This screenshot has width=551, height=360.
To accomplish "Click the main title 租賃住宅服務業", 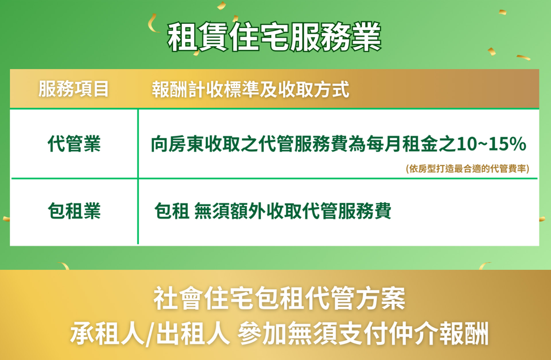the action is [x=274, y=37].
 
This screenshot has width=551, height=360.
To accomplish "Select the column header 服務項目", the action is [x=74, y=89].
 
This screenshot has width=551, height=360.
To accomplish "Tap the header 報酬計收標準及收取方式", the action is [x=251, y=89].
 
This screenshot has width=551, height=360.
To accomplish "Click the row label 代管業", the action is [x=74, y=144].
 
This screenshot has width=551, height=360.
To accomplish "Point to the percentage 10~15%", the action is [x=492, y=144].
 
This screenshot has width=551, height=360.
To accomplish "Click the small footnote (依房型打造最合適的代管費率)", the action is [x=467, y=169].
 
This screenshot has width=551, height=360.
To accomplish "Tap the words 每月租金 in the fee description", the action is [x=402, y=144].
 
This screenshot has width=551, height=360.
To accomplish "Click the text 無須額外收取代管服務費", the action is [x=292, y=211].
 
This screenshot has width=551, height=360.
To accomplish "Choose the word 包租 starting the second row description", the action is [x=172, y=211].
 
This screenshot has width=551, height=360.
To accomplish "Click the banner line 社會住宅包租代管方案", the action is [x=279, y=299].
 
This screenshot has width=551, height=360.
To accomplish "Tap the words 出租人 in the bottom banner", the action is [x=193, y=333].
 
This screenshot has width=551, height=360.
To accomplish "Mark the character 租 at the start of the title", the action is [x=183, y=37].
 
